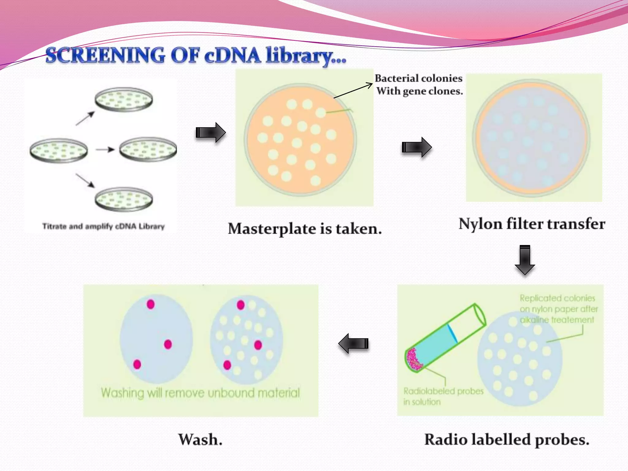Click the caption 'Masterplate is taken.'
click(305, 229)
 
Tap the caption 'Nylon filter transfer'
click(532, 224)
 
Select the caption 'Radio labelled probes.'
click(507, 440)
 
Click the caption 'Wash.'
click(200, 440)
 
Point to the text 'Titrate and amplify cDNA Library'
click(103, 227)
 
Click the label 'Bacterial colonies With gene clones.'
click(419, 85)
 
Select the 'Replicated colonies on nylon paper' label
click(558, 309)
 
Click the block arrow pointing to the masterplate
click(211, 132)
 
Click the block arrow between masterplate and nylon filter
click(417, 147)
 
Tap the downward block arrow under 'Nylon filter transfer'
click(525, 260)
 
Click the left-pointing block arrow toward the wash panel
click(354, 343)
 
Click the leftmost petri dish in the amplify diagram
click(59, 150)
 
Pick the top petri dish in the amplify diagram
click(124, 100)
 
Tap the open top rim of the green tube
click(480, 314)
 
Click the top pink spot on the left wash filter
click(151, 304)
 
